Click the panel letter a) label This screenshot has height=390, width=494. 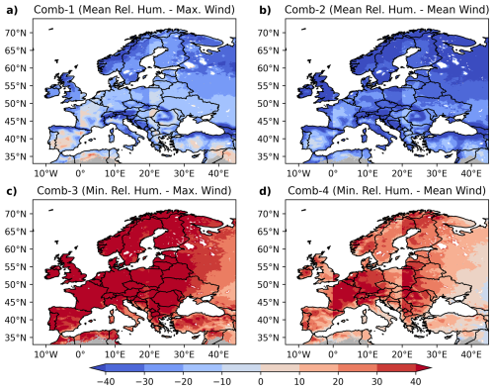tap(11, 11)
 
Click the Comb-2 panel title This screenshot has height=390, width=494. tap(386, 10)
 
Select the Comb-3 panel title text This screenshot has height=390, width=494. tap(134, 191)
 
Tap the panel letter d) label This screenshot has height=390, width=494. tap(265, 191)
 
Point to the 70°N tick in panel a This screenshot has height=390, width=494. tap(16, 33)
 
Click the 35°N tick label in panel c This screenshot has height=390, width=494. tap(16, 338)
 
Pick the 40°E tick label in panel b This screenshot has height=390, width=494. tap(471, 173)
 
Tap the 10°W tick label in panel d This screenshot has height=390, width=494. tap(298, 354)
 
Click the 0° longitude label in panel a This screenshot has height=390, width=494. tap(80, 173)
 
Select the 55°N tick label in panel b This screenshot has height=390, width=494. tap(268, 86)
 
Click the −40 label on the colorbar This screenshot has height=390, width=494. tap(106, 382)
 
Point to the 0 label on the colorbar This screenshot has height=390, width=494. tap(261, 382)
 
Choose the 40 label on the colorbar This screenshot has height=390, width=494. tap(416, 382)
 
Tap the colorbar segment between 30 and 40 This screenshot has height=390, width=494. tap(396, 368)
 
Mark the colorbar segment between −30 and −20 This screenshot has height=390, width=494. tap(164, 368)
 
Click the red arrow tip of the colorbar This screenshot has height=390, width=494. tap(431, 368)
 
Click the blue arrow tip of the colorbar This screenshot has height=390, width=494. tap(90, 368)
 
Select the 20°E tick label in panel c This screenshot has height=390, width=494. tap(149, 354)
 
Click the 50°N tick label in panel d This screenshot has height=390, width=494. tap(268, 284)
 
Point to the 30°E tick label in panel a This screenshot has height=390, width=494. tap(184, 173)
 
